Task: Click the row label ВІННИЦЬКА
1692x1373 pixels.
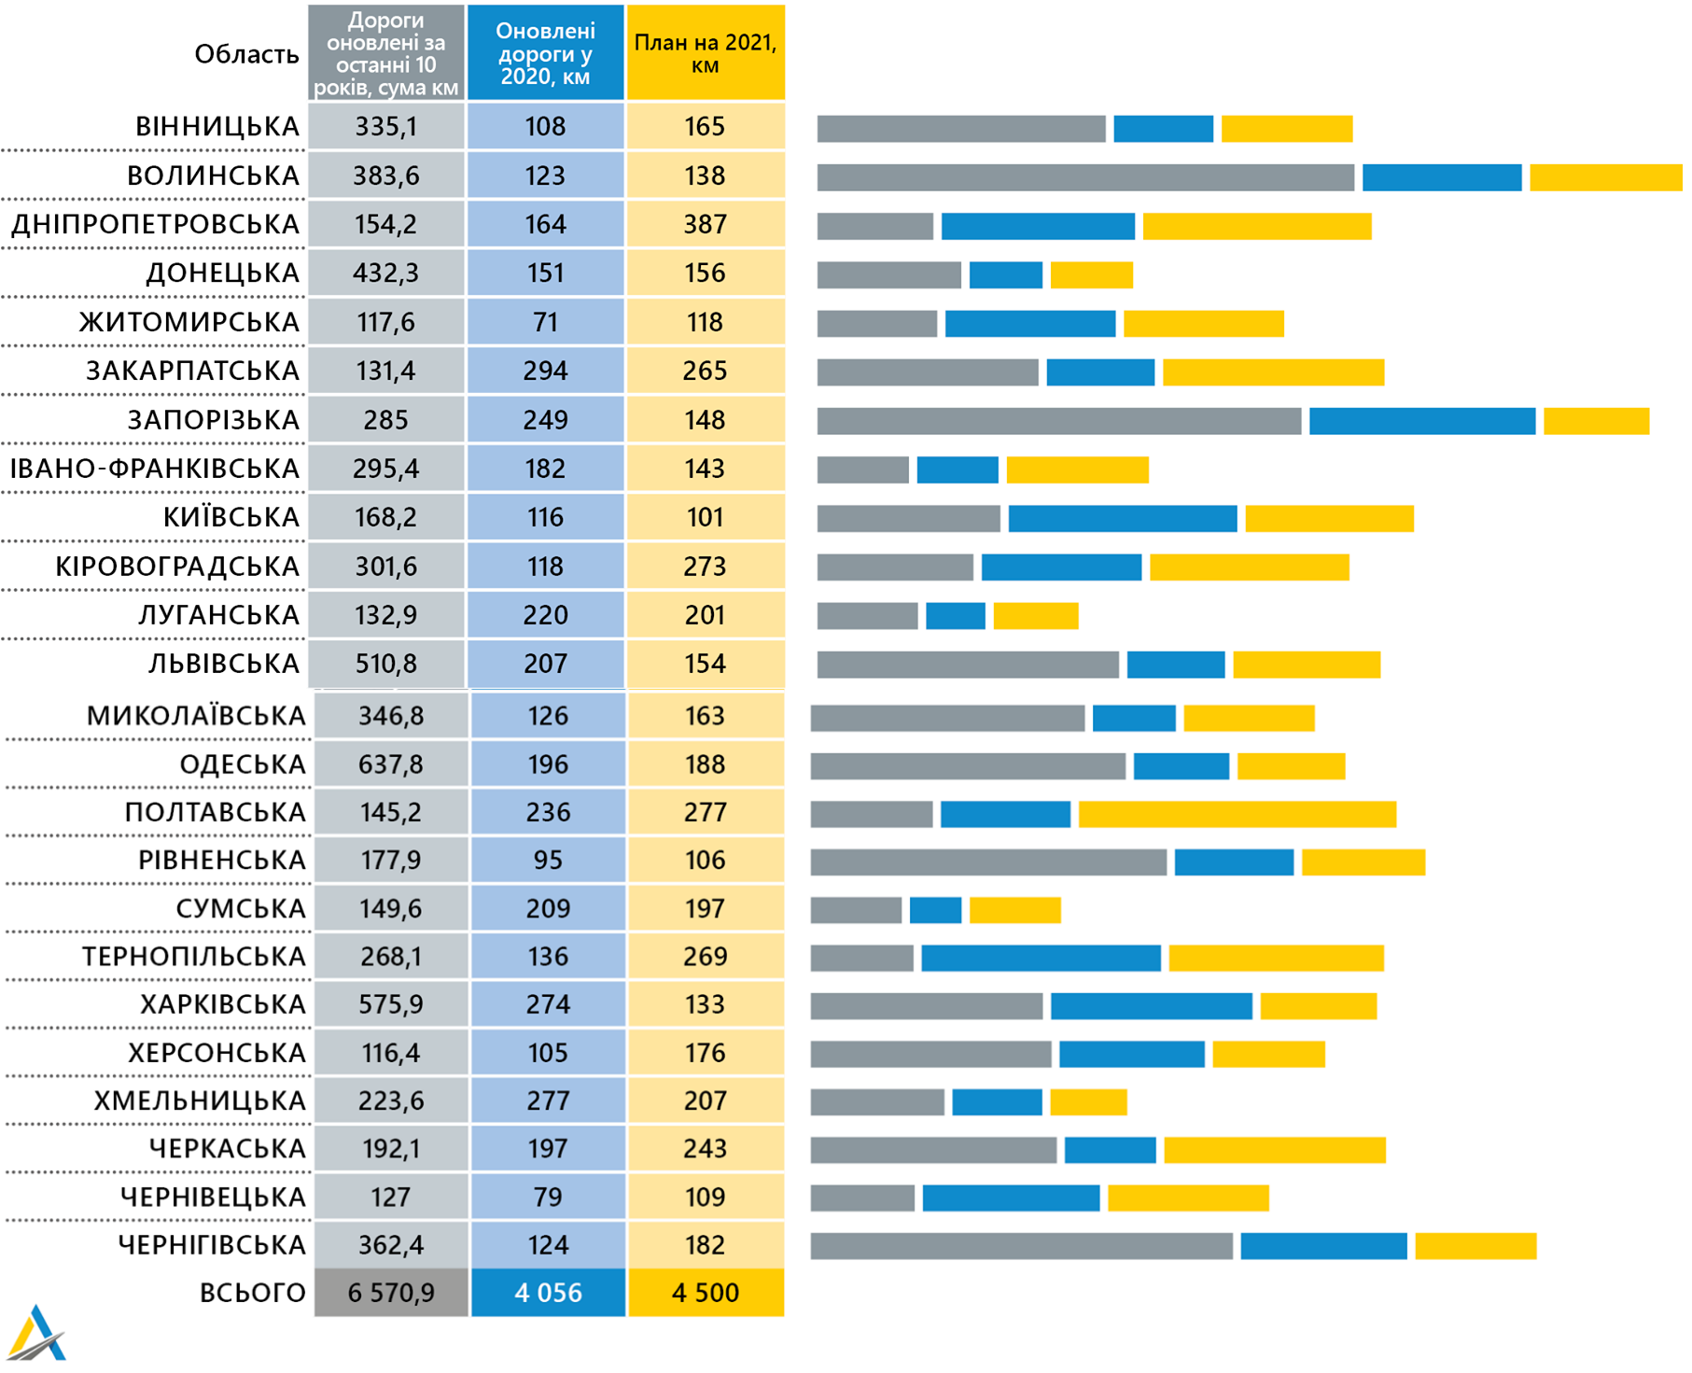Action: pyautogui.click(x=217, y=127)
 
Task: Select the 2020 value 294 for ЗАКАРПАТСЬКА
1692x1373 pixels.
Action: pyautogui.click(x=545, y=371)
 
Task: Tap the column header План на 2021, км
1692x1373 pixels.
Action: pyautogui.click(x=705, y=53)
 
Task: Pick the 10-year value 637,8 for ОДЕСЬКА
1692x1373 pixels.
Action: pyautogui.click(x=390, y=764)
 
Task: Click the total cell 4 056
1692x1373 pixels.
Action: pyautogui.click(x=548, y=1293)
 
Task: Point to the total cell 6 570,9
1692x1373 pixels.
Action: pyautogui.click(x=390, y=1293)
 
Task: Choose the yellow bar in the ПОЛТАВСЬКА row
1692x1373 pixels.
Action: pyautogui.click(x=1237, y=814)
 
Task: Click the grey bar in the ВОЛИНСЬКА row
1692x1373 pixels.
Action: pyautogui.click(x=1084, y=177)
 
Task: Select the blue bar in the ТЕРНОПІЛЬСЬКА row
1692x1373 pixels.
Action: pyautogui.click(x=1041, y=958)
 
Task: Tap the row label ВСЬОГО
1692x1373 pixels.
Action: pyautogui.click(x=252, y=1293)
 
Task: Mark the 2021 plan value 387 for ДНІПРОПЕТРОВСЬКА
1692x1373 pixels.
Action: pyautogui.click(x=705, y=225)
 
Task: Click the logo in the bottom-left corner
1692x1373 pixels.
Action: pyautogui.click(x=36, y=1334)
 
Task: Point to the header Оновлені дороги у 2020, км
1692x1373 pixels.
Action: pyautogui.click(x=545, y=53)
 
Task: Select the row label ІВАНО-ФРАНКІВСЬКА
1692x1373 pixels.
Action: pyautogui.click(x=154, y=469)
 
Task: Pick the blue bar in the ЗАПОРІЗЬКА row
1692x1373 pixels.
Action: pyautogui.click(x=1421, y=421)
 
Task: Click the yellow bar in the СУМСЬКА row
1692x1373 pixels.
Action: pyautogui.click(x=1014, y=910)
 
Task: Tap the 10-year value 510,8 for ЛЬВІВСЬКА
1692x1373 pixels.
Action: pyautogui.click(x=385, y=664)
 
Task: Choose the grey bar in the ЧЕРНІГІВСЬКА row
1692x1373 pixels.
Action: pyautogui.click(x=1021, y=1246)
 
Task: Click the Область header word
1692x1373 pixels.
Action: pyautogui.click(x=246, y=54)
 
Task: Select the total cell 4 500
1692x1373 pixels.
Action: pyautogui.click(x=705, y=1293)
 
